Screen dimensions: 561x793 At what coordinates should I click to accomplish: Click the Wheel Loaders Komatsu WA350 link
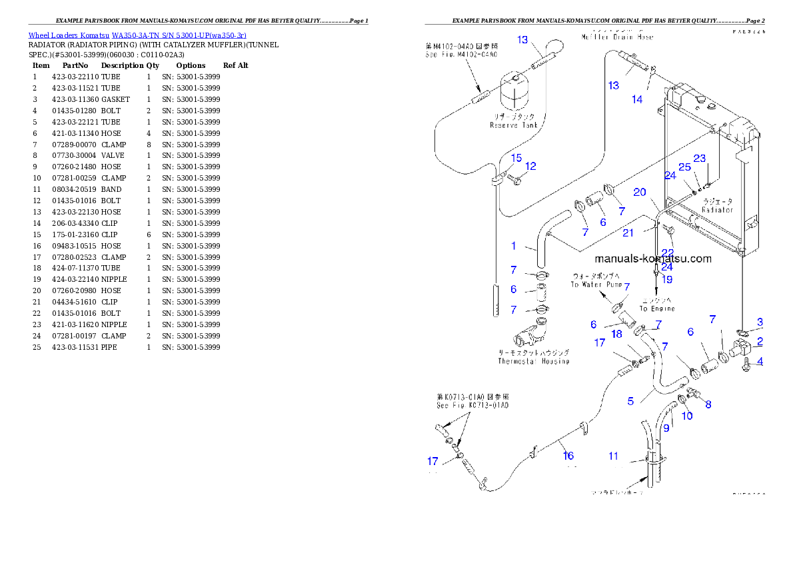tap(137, 35)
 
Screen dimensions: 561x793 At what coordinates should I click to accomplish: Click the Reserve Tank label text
tap(513, 125)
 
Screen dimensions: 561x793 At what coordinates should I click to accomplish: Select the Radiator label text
tap(717, 209)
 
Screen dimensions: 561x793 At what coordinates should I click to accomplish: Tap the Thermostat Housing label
tap(533, 361)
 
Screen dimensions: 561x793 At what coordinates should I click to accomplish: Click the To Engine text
tap(657, 308)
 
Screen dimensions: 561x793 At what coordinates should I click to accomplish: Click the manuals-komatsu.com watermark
tap(653, 259)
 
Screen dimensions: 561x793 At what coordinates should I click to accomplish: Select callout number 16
tap(568, 456)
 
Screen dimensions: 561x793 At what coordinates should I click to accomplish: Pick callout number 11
tap(613, 456)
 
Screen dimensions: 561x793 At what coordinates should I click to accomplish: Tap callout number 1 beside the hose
tap(513, 246)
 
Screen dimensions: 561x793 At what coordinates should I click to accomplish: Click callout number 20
tap(640, 192)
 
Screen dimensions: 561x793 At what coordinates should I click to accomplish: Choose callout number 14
tap(637, 99)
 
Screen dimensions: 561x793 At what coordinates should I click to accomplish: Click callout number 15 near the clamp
tap(516, 157)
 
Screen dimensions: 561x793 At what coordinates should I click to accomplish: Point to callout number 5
tap(630, 401)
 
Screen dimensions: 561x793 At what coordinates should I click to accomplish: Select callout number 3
tap(760, 322)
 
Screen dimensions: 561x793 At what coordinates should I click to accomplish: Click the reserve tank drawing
tap(512, 93)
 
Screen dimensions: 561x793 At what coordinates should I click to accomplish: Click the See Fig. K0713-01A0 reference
tap(472, 405)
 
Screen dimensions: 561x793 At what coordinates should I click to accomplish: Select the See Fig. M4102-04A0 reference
tap(461, 55)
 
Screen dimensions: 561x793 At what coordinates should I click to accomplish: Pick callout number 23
tap(699, 159)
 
